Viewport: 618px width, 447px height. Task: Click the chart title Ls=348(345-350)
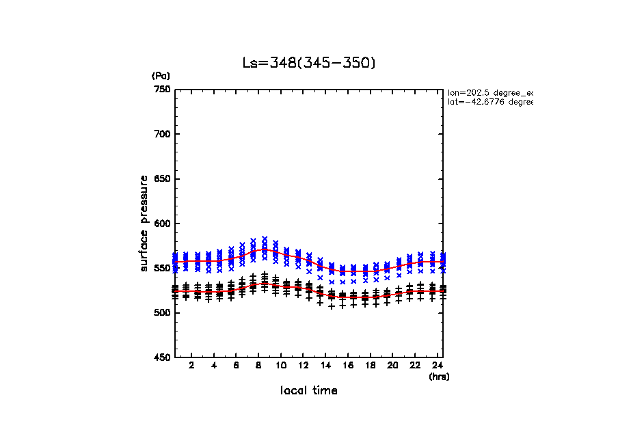pos(309,63)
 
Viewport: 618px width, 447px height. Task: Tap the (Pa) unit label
pos(161,76)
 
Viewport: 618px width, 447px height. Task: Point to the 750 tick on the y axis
pos(162,90)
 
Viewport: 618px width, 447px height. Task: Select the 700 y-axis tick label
pos(162,134)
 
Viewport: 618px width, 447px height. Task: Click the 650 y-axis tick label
pos(162,179)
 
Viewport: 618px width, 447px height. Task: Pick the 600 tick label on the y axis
pos(162,223)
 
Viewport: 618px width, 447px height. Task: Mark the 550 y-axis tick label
pos(162,269)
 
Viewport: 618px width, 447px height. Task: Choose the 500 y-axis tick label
pos(162,313)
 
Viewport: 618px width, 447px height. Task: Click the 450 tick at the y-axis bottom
pos(162,357)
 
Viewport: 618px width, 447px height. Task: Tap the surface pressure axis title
pos(144,223)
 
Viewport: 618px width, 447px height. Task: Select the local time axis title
pos(309,390)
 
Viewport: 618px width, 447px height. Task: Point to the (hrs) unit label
pos(439,376)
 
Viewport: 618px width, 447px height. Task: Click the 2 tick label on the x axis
pos(191,366)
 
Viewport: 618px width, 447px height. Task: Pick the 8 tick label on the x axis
pos(258,366)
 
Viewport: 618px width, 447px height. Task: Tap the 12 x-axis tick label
pos(303,366)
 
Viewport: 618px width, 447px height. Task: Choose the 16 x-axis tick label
pos(348,366)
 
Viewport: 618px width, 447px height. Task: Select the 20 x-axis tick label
pos(392,366)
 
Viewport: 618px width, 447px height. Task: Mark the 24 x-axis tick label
pos(437,366)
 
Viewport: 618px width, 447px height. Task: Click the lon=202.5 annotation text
pos(489,92)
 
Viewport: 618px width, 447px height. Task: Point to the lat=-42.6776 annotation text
pos(489,102)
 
